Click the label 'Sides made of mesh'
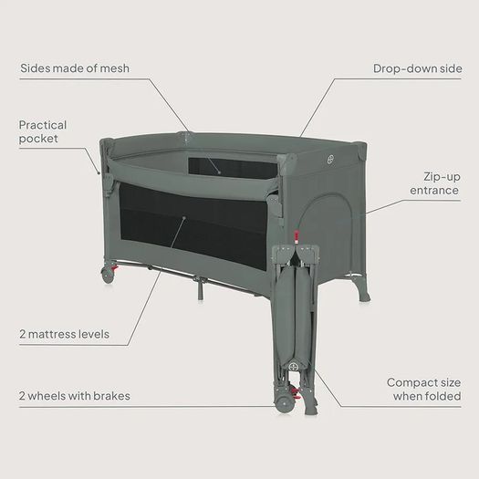coord(75,68)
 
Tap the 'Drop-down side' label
coord(417,68)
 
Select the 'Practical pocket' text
coord(43,131)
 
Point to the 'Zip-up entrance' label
coord(434,183)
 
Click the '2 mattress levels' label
coord(64,334)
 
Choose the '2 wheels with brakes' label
coord(75,396)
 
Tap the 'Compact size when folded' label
coord(423,390)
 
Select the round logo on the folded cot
coord(293,365)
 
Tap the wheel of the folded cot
coord(284,404)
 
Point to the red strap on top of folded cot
coord(296,237)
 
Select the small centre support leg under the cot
coord(200,289)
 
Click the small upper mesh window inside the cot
coord(233,167)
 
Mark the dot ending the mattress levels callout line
coord(184,218)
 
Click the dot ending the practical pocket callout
coord(99,173)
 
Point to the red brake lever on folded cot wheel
coord(296,393)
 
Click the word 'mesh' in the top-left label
coord(115,68)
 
